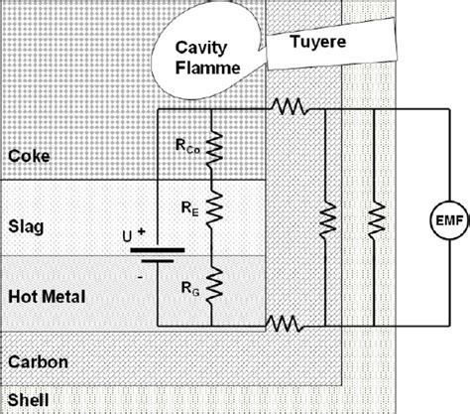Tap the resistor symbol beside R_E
tap(211, 211)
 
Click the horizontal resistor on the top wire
tap(290, 105)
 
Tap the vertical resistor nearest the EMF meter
tap(374, 216)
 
